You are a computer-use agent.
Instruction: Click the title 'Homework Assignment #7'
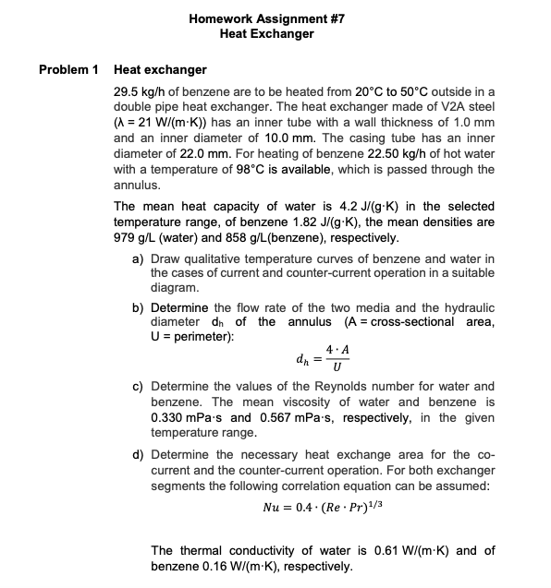pyautogui.click(x=266, y=18)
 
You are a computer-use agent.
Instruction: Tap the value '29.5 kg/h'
pyautogui.click(x=139, y=94)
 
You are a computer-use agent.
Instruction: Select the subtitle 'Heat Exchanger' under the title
pyautogui.click(x=266, y=34)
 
